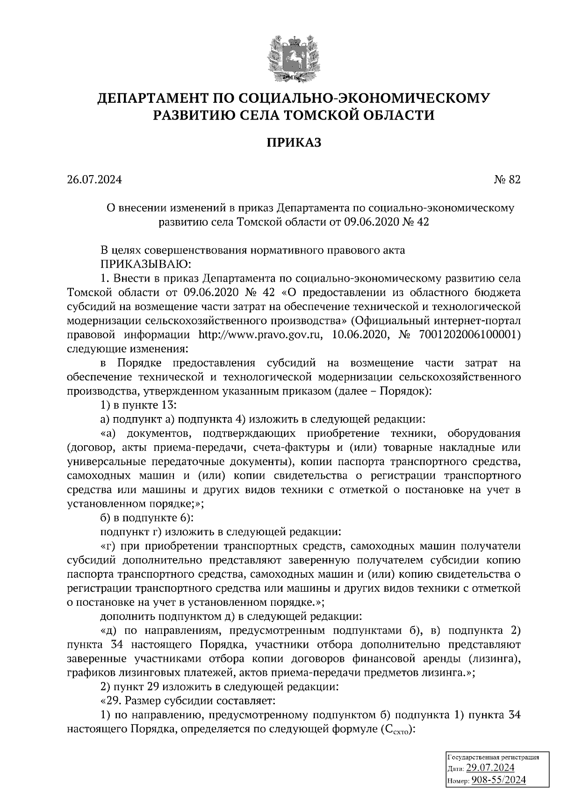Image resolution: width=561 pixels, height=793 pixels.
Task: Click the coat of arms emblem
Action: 294,58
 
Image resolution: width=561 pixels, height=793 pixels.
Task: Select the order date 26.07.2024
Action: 94,180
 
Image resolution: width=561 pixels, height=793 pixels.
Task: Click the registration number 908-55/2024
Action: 498,780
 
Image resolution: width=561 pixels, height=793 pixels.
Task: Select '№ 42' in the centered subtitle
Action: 415,222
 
